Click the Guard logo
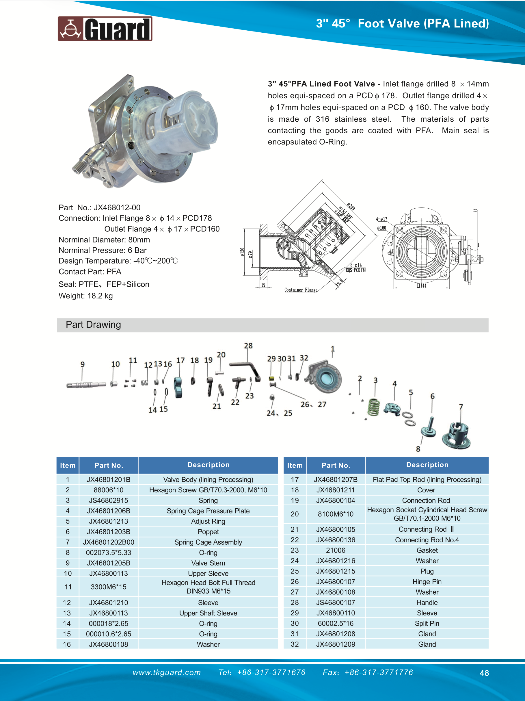tap(105, 29)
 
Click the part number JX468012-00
tap(117, 207)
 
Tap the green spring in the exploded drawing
tap(374, 407)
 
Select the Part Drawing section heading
tap(93, 324)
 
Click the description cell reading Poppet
tap(208, 532)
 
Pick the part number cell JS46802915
tap(108, 500)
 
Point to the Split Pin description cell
tap(427, 623)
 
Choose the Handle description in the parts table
tap(427, 602)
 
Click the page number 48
tap(484, 673)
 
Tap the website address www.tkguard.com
tap(167, 672)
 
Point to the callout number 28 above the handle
tap(248, 346)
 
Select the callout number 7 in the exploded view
tap(461, 407)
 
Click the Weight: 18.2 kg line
tap(85, 296)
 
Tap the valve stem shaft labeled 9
tap(86, 385)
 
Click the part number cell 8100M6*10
tap(336, 514)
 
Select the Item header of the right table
tap(295, 465)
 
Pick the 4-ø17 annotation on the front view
tap(381, 219)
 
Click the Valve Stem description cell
tap(208, 563)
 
